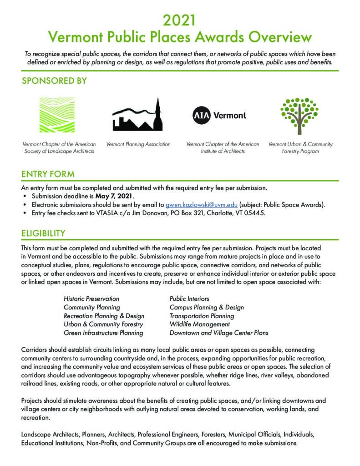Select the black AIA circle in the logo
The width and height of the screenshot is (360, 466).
pos(202,115)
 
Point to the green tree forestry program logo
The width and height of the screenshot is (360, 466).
pos(299,114)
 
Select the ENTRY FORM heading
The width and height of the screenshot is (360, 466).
pos(48,174)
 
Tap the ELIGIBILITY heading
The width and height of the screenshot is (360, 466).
pos(43,233)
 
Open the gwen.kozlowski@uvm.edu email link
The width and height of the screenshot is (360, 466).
pos(201,204)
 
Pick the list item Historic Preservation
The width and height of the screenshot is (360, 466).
pos(91,299)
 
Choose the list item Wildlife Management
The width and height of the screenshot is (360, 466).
pos(199,324)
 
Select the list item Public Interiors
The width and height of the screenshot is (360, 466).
pos(189,299)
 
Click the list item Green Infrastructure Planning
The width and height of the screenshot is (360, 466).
pos(103,333)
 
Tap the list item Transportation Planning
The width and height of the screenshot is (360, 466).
pos(202,316)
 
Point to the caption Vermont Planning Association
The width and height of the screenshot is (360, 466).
pos(138,144)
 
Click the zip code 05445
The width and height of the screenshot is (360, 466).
pos(252,213)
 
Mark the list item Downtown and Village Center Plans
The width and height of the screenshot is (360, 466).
pos(218,333)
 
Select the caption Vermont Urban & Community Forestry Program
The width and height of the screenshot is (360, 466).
pos(300,148)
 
